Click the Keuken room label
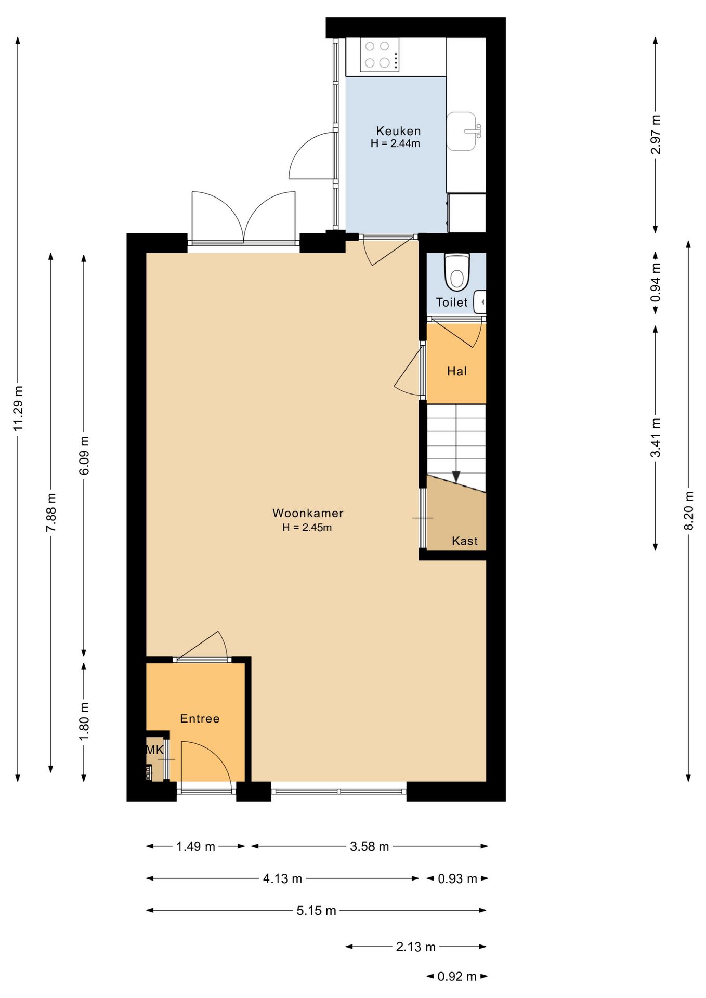(398, 131)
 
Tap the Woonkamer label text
(308, 513)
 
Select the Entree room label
(200, 718)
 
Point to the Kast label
(464, 541)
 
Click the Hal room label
(456, 371)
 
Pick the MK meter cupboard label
(154, 750)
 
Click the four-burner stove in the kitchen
(380, 55)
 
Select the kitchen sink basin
(462, 131)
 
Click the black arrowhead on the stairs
(456, 477)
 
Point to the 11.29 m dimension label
(18, 408)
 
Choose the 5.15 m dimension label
(316, 910)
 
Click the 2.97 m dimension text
(656, 135)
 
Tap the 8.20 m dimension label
(688, 510)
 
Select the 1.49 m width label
(195, 846)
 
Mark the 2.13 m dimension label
(415, 947)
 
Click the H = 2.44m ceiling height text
(395, 143)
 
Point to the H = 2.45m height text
(307, 527)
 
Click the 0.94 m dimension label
(656, 282)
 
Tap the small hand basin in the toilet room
(480, 301)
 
